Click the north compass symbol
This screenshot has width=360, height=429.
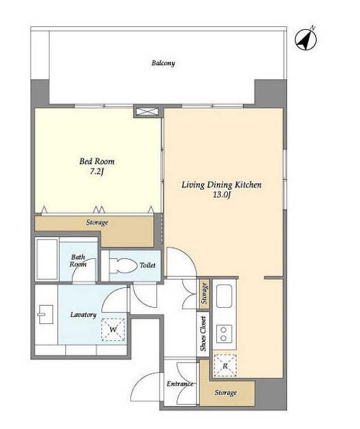306,39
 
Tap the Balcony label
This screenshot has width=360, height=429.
163,63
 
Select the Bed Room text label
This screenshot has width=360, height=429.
97,161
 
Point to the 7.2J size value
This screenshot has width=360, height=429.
98,172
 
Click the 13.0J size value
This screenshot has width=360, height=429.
221,195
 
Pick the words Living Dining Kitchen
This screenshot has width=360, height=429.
222,185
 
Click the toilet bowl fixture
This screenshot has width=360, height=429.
123,265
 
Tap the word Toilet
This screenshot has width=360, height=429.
147,265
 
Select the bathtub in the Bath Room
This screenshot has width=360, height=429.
47,259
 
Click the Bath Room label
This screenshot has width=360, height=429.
78,261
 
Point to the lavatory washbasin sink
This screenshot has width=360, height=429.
45,314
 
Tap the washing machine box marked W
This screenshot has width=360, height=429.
113,330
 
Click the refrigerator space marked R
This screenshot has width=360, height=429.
225,366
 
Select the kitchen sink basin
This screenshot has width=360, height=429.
225,296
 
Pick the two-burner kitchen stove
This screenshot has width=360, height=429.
224,334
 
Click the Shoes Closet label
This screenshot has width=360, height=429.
203,334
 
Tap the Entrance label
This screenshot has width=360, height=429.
180,384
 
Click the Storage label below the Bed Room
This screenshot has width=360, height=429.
97,223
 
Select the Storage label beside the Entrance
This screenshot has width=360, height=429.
225,393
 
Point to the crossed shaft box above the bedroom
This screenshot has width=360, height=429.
147,111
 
